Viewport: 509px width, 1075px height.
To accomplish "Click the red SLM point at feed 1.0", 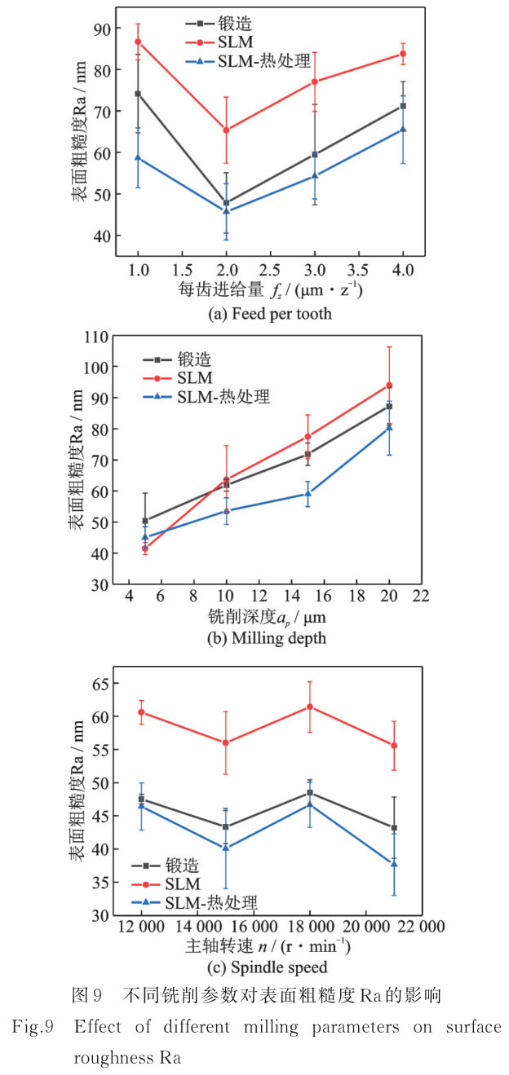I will point(138,42).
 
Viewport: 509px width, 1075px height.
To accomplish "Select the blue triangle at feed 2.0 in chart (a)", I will point(226,211).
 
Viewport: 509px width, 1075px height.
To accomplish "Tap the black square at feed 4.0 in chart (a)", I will point(403,106).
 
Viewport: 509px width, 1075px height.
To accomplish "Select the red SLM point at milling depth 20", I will point(389,386).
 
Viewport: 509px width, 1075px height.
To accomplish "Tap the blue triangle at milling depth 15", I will point(308,493).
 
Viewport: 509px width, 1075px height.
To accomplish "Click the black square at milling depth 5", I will point(145,521).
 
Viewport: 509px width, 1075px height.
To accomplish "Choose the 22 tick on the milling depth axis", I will point(421,597).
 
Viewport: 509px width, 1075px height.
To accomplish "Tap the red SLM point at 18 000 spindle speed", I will point(309,707).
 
